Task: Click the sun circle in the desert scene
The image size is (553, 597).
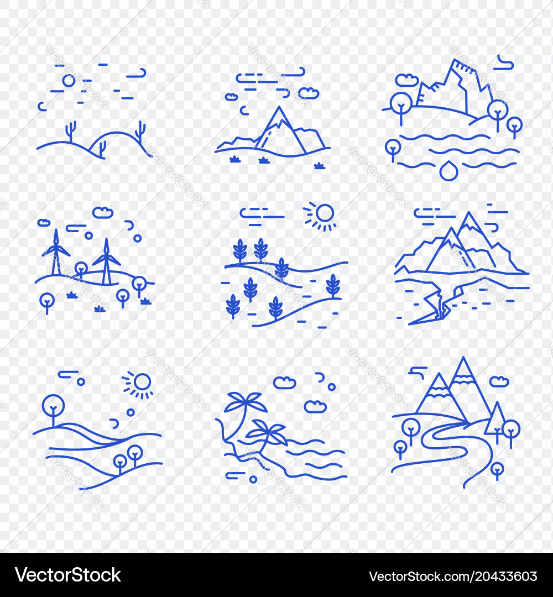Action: (69, 81)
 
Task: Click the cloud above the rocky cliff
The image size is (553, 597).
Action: (407, 81)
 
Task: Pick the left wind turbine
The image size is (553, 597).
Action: (55, 252)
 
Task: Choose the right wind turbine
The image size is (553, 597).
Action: (106, 260)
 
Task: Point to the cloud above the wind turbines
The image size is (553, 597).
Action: (103, 212)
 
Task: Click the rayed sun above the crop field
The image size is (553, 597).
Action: (324, 213)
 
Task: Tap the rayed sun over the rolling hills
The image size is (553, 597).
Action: (142, 382)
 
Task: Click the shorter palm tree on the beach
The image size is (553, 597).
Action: (269, 431)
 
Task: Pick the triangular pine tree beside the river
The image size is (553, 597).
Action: (495, 420)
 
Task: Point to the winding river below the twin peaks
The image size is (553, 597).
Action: (442, 442)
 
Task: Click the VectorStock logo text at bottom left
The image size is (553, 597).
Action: (68, 575)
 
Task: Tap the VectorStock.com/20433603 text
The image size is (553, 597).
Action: (453, 576)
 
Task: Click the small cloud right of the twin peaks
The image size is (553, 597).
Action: (499, 381)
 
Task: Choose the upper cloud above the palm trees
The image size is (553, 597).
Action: (284, 383)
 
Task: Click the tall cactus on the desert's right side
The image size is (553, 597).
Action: (140, 133)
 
